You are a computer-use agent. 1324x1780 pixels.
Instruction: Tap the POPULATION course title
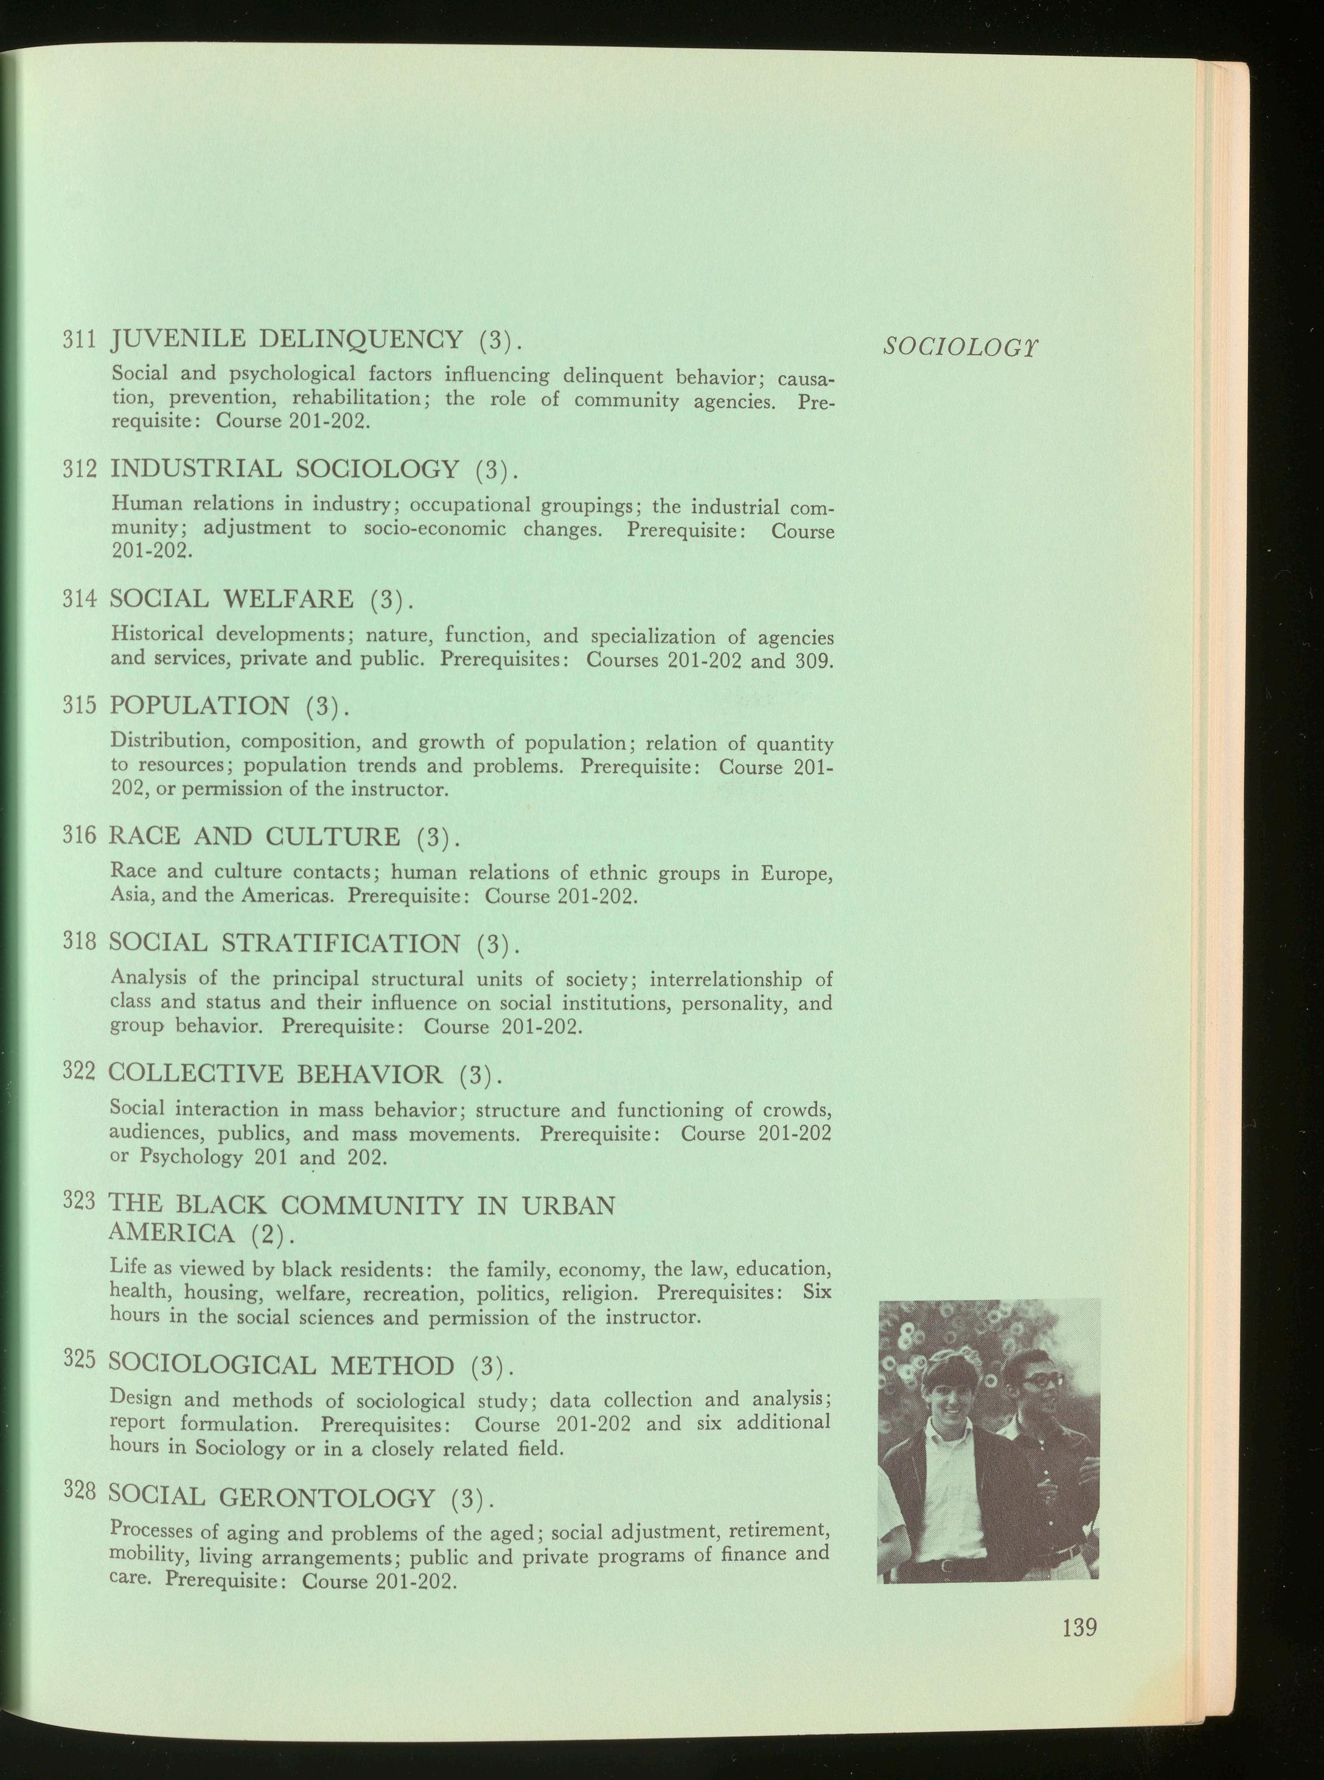(199, 706)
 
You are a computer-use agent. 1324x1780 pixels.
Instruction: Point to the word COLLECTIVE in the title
(195, 1074)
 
